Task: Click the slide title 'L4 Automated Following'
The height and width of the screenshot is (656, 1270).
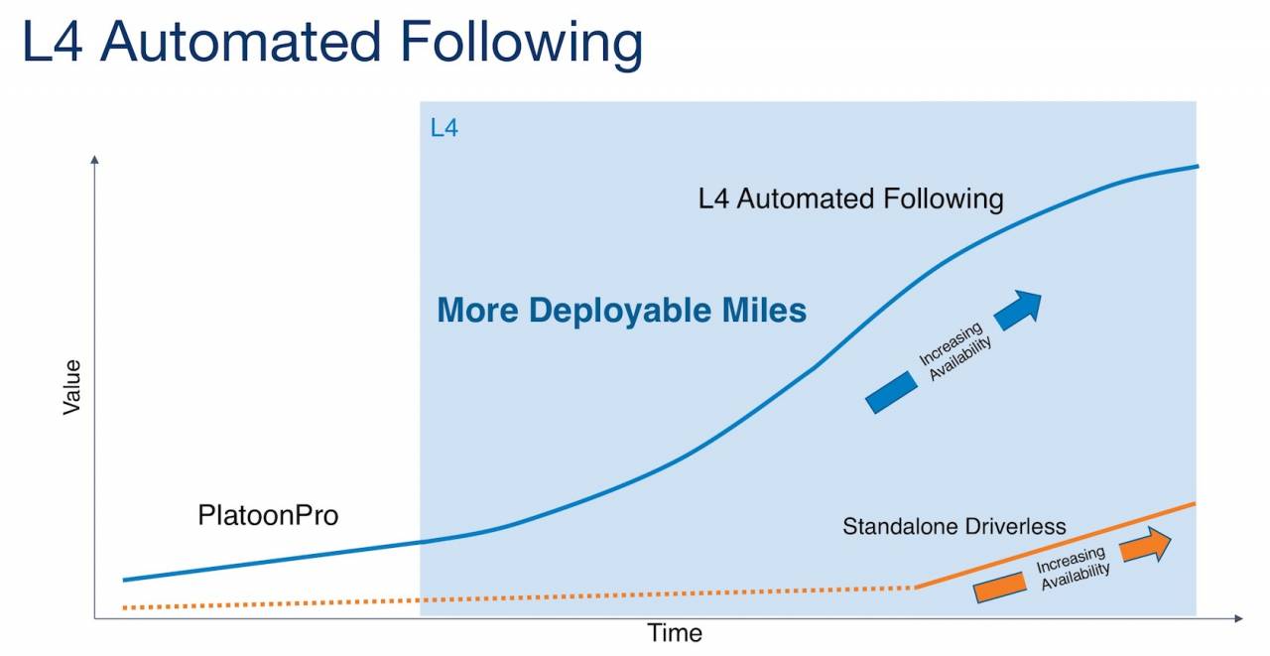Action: (332, 43)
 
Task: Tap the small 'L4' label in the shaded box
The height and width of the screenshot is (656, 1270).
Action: (444, 128)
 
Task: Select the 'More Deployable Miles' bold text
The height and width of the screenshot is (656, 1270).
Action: (621, 311)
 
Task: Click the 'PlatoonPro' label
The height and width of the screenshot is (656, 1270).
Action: (268, 515)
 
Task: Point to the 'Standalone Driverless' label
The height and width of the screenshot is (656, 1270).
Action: (954, 526)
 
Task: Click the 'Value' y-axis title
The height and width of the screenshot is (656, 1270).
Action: (72, 387)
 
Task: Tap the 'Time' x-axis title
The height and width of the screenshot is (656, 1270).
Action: (675, 633)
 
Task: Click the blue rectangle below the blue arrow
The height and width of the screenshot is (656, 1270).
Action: (891, 392)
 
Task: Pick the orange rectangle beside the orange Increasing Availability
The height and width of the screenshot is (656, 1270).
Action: (1000, 587)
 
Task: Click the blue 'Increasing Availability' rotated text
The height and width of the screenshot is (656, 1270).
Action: (954, 351)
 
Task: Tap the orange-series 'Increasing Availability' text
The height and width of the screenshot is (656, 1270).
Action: (1073, 568)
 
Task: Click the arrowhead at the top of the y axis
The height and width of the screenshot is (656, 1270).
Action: (94, 160)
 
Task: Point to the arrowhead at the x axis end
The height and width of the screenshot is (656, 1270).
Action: (1239, 618)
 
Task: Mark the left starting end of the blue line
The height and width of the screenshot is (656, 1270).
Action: (124, 580)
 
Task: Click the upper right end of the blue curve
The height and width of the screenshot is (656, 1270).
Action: (1197, 166)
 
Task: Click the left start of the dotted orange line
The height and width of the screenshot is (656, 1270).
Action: (124, 607)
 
